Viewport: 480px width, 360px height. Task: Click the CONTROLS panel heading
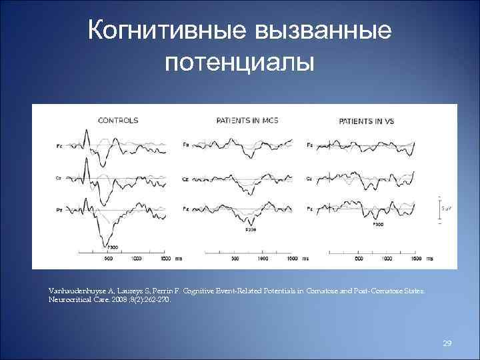118,121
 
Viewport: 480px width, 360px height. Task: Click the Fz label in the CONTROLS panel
59,145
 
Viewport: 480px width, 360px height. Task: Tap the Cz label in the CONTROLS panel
59,177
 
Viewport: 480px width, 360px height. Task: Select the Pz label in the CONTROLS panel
59,209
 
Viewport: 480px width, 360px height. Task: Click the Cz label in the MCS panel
186,177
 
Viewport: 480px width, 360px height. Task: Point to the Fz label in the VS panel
309,145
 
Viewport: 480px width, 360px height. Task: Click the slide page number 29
447,343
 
